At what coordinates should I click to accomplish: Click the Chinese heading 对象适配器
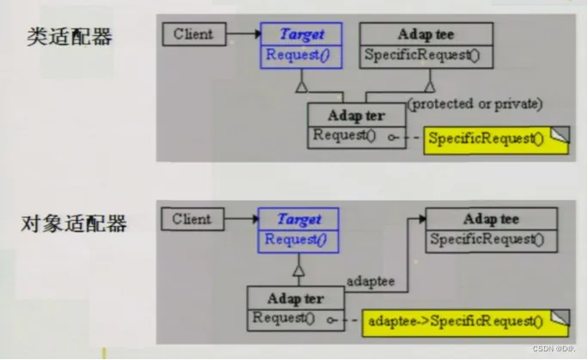point(75,224)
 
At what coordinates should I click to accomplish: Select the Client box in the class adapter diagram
point(193,35)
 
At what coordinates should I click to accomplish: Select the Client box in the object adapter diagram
point(191,219)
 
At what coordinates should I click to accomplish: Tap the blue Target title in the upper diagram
point(302,35)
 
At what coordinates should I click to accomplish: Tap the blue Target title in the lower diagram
point(299,220)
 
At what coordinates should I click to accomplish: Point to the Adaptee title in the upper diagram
point(426,35)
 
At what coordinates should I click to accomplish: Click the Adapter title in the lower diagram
point(296,299)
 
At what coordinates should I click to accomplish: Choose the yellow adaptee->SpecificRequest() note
point(459,321)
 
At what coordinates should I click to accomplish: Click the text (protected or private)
point(475,104)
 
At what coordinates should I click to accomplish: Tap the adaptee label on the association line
point(370,280)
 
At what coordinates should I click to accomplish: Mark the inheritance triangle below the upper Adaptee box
point(429,85)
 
